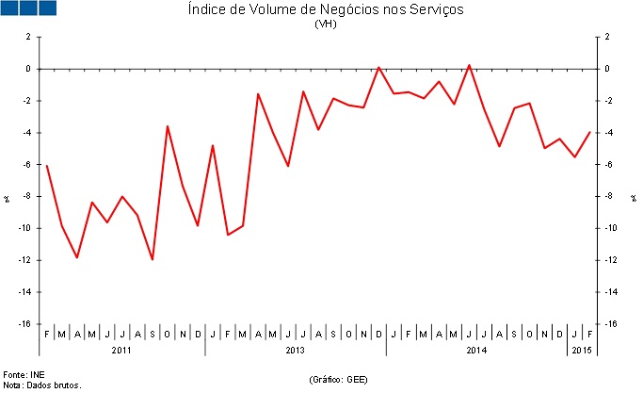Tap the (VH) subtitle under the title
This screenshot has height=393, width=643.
coord(326,25)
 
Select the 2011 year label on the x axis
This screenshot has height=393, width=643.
coord(121,351)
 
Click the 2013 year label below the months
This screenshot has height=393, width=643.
coord(295,351)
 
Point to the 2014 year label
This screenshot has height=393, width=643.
coord(476,351)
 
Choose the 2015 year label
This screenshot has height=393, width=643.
coord(582,351)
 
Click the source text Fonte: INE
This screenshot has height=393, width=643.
coord(24,375)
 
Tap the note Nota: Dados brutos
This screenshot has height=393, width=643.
coord(42,385)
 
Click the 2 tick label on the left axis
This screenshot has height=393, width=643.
coord(28,37)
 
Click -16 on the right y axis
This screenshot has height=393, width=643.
coord(612,324)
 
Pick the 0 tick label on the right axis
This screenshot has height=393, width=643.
coord(607,69)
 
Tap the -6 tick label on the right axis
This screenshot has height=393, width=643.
coord(609,165)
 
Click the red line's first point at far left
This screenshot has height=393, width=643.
coord(47,166)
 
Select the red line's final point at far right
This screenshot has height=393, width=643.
coord(589,132)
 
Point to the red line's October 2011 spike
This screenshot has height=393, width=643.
coord(168,126)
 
